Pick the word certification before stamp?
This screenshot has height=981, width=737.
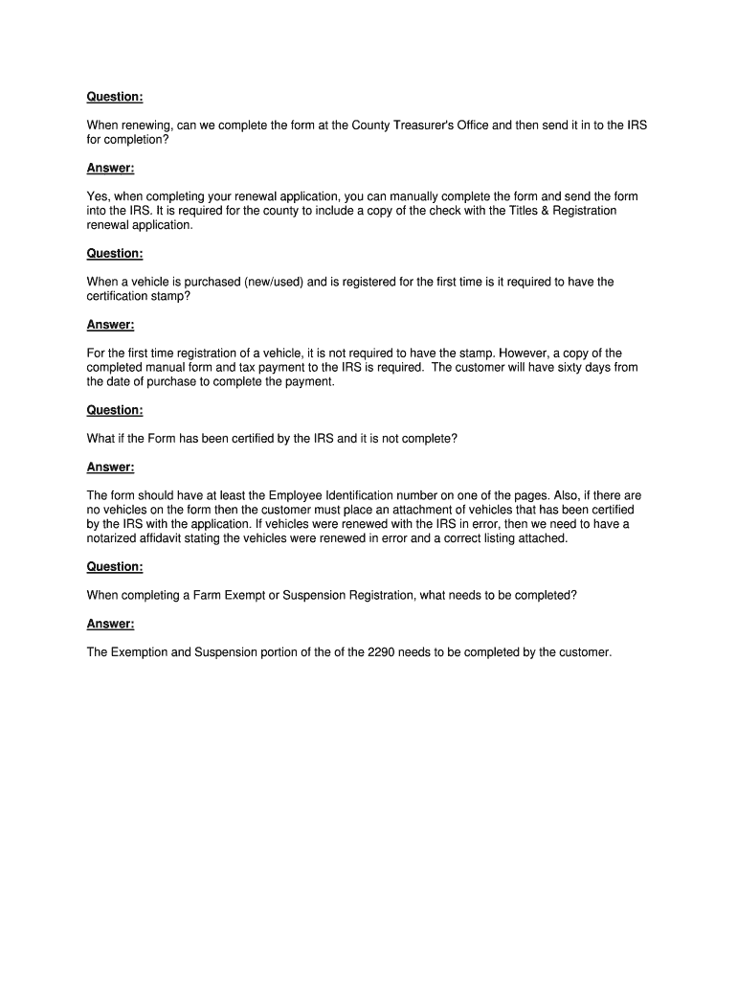click(x=123, y=296)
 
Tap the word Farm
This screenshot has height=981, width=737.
click(x=205, y=595)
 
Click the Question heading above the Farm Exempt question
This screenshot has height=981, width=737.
click(x=115, y=566)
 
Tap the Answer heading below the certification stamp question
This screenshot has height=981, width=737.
click(x=110, y=324)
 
